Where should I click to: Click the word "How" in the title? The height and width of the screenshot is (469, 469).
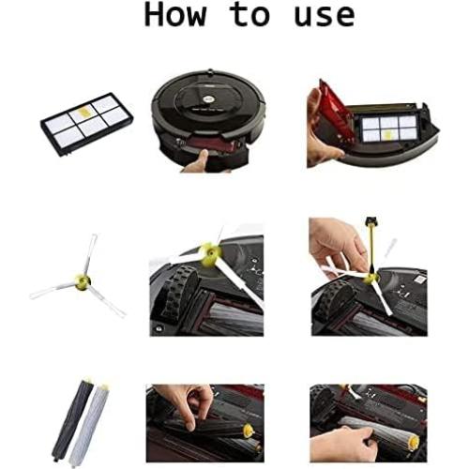click(174, 16)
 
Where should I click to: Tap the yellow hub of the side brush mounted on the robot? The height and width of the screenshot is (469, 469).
click(209, 252)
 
